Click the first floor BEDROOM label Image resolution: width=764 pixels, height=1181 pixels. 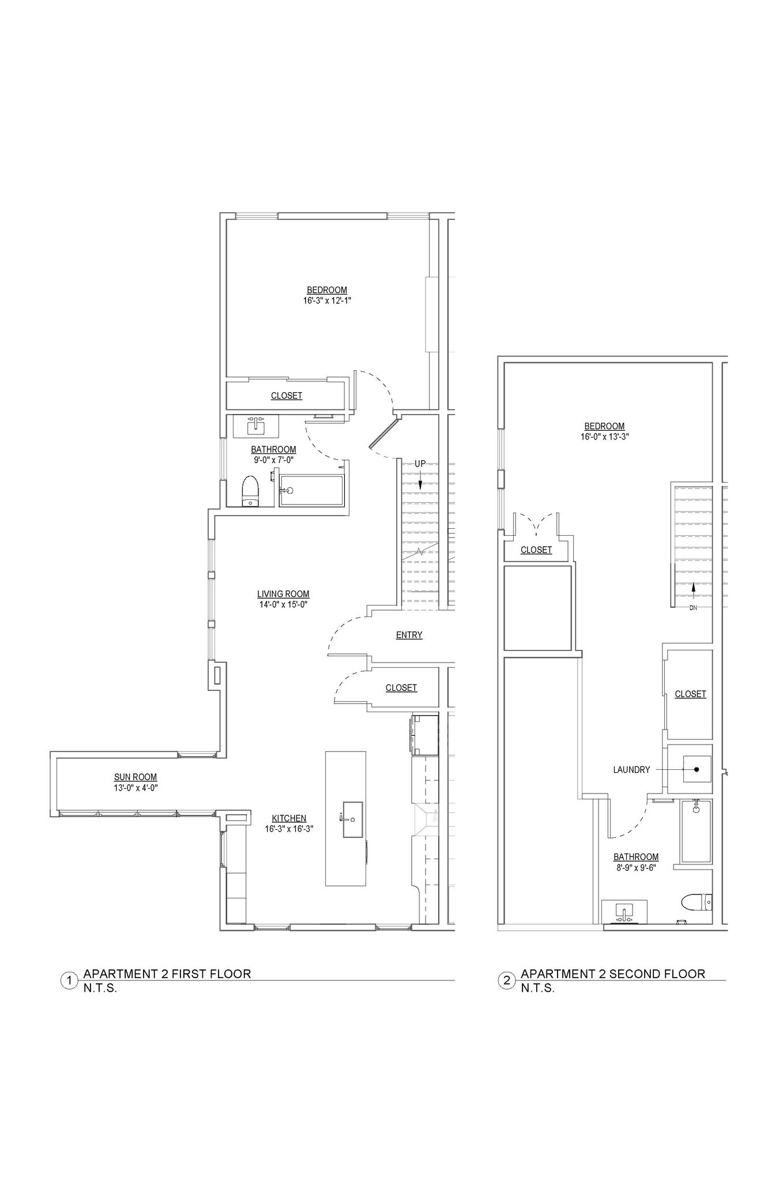[x=326, y=290]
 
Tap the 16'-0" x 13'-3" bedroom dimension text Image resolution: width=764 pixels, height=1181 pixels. [x=604, y=437]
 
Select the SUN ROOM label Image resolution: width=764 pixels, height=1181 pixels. [x=136, y=777]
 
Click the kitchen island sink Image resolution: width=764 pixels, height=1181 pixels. [x=352, y=819]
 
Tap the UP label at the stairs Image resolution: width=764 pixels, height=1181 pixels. [x=420, y=464]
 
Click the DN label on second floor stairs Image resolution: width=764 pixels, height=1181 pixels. [x=693, y=608]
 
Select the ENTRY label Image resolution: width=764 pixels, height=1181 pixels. [x=409, y=635]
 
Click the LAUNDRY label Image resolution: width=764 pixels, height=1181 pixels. [x=631, y=769]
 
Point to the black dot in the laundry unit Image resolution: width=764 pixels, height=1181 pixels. [x=697, y=769]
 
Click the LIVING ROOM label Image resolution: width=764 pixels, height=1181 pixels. [x=283, y=594]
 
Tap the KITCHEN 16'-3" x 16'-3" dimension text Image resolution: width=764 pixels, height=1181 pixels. [x=289, y=829]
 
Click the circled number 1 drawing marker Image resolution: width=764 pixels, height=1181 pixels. [x=69, y=980]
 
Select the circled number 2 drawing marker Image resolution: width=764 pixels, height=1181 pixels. [x=507, y=980]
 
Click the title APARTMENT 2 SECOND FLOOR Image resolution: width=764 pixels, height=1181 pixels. [x=612, y=974]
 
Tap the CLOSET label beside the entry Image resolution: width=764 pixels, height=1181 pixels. [x=401, y=687]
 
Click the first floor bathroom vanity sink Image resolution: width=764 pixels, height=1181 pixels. [x=255, y=427]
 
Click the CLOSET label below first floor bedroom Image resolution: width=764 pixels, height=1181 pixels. [x=287, y=396]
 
